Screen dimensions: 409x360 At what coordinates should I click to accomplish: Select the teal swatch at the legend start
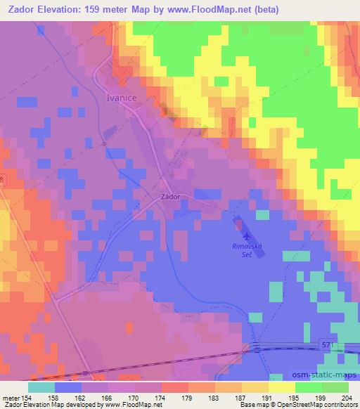tap(41, 387)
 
